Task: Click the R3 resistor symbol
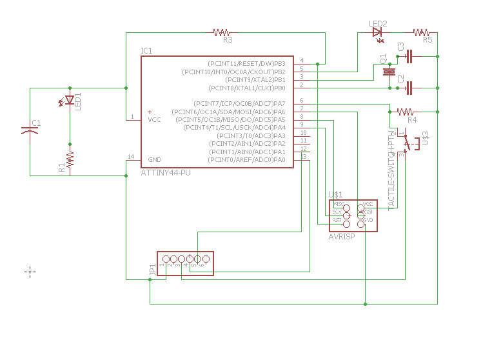pyautogui.click(x=222, y=32)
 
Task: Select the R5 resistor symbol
pyautogui.click(x=422, y=32)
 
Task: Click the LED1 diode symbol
pyautogui.click(x=70, y=101)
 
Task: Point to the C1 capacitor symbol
pyautogui.click(x=29, y=130)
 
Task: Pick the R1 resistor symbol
pyautogui.click(x=70, y=158)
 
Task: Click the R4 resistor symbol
pyautogui.click(x=406, y=112)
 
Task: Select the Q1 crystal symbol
pyautogui.click(x=388, y=72)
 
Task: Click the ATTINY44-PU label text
pyautogui.click(x=165, y=173)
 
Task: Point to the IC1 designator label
pyautogui.click(x=146, y=50)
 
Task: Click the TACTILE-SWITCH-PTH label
pyautogui.click(x=391, y=169)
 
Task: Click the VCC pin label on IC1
pyautogui.click(x=155, y=119)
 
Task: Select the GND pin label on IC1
pyautogui.click(x=155, y=159)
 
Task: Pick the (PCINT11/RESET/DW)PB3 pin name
pyautogui.click(x=246, y=63)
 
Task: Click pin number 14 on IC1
pyautogui.click(x=131, y=157)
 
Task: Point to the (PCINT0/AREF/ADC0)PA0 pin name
pyautogui.click(x=246, y=159)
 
